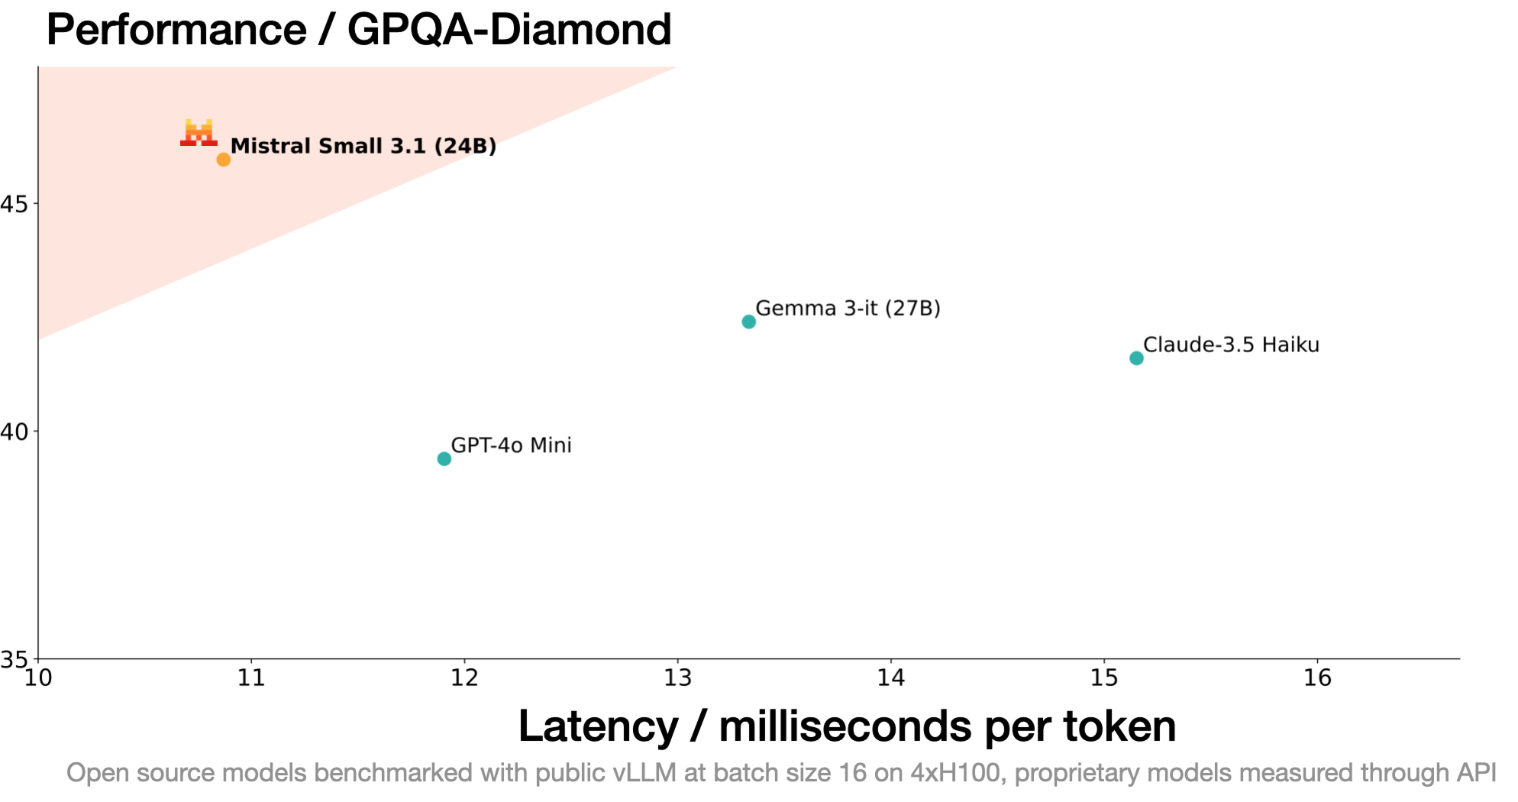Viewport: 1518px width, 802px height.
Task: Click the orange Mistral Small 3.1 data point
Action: [x=223, y=159]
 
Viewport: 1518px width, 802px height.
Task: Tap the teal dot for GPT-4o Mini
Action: [x=444, y=458]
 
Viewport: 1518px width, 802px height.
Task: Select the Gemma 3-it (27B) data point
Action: [x=748, y=322]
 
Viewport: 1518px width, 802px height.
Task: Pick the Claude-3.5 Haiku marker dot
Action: [x=1135, y=358]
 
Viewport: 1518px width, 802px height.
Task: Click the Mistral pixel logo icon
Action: [x=199, y=132]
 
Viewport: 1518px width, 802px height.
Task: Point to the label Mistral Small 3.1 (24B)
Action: [x=363, y=146]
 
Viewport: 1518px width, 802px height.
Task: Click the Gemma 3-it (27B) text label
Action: [x=848, y=308]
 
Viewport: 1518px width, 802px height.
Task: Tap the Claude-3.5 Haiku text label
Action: [x=1231, y=344]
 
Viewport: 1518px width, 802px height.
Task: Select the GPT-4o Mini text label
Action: [x=511, y=445]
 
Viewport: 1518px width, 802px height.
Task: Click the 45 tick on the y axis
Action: [x=15, y=204]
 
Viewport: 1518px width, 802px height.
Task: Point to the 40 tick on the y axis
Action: [x=15, y=432]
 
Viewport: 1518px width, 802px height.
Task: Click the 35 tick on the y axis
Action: [x=15, y=658]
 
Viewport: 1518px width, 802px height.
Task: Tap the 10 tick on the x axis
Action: [x=38, y=677]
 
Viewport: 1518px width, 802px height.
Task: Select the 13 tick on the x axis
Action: [x=677, y=677]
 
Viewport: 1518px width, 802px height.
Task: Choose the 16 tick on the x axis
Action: [x=1316, y=677]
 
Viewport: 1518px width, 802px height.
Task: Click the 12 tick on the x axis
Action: [x=463, y=677]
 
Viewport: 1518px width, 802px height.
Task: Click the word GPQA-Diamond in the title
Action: [x=509, y=30]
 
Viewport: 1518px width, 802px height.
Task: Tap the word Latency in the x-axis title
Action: [x=598, y=726]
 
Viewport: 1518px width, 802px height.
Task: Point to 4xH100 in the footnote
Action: [x=955, y=773]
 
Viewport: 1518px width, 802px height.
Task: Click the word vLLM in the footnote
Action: [x=644, y=773]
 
